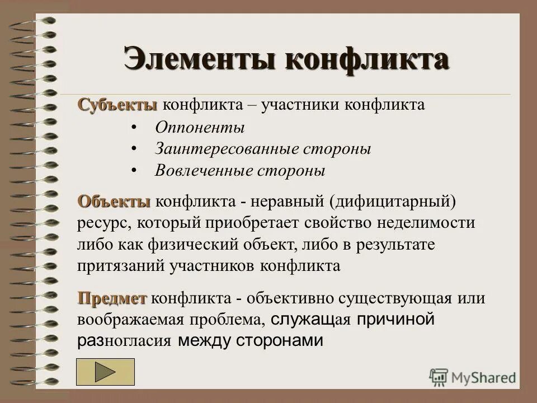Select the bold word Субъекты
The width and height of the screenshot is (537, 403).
(x=118, y=105)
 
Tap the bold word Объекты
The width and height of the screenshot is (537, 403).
(x=115, y=201)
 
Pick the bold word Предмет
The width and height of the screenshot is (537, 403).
(x=112, y=298)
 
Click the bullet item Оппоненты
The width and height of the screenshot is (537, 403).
(x=200, y=128)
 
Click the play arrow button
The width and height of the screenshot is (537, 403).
(x=106, y=372)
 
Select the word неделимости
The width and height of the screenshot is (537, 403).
(x=427, y=223)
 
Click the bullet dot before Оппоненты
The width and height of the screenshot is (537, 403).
(x=134, y=128)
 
